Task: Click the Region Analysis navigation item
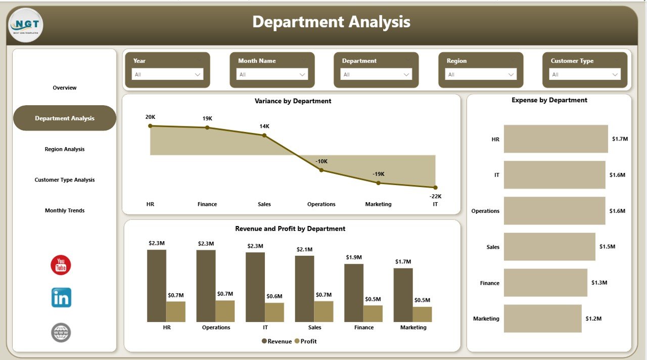[65, 149]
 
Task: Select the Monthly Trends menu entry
[65, 210]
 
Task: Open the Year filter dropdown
[167, 74]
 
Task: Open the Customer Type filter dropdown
[585, 74]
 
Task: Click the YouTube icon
[61, 265]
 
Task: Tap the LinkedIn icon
[61, 298]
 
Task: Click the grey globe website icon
[61, 333]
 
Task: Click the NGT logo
[26, 25]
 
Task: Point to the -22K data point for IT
[435, 187]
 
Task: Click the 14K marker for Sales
[264, 134]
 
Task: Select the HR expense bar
[556, 139]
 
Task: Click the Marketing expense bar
[542, 319]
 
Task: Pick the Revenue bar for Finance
[354, 293]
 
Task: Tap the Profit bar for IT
[274, 312]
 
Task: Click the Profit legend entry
[306, 341]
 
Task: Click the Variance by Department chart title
[293, 101]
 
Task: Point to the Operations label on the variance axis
[321, 204]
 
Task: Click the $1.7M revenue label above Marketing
[403, 261]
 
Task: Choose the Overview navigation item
[65, 88]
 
